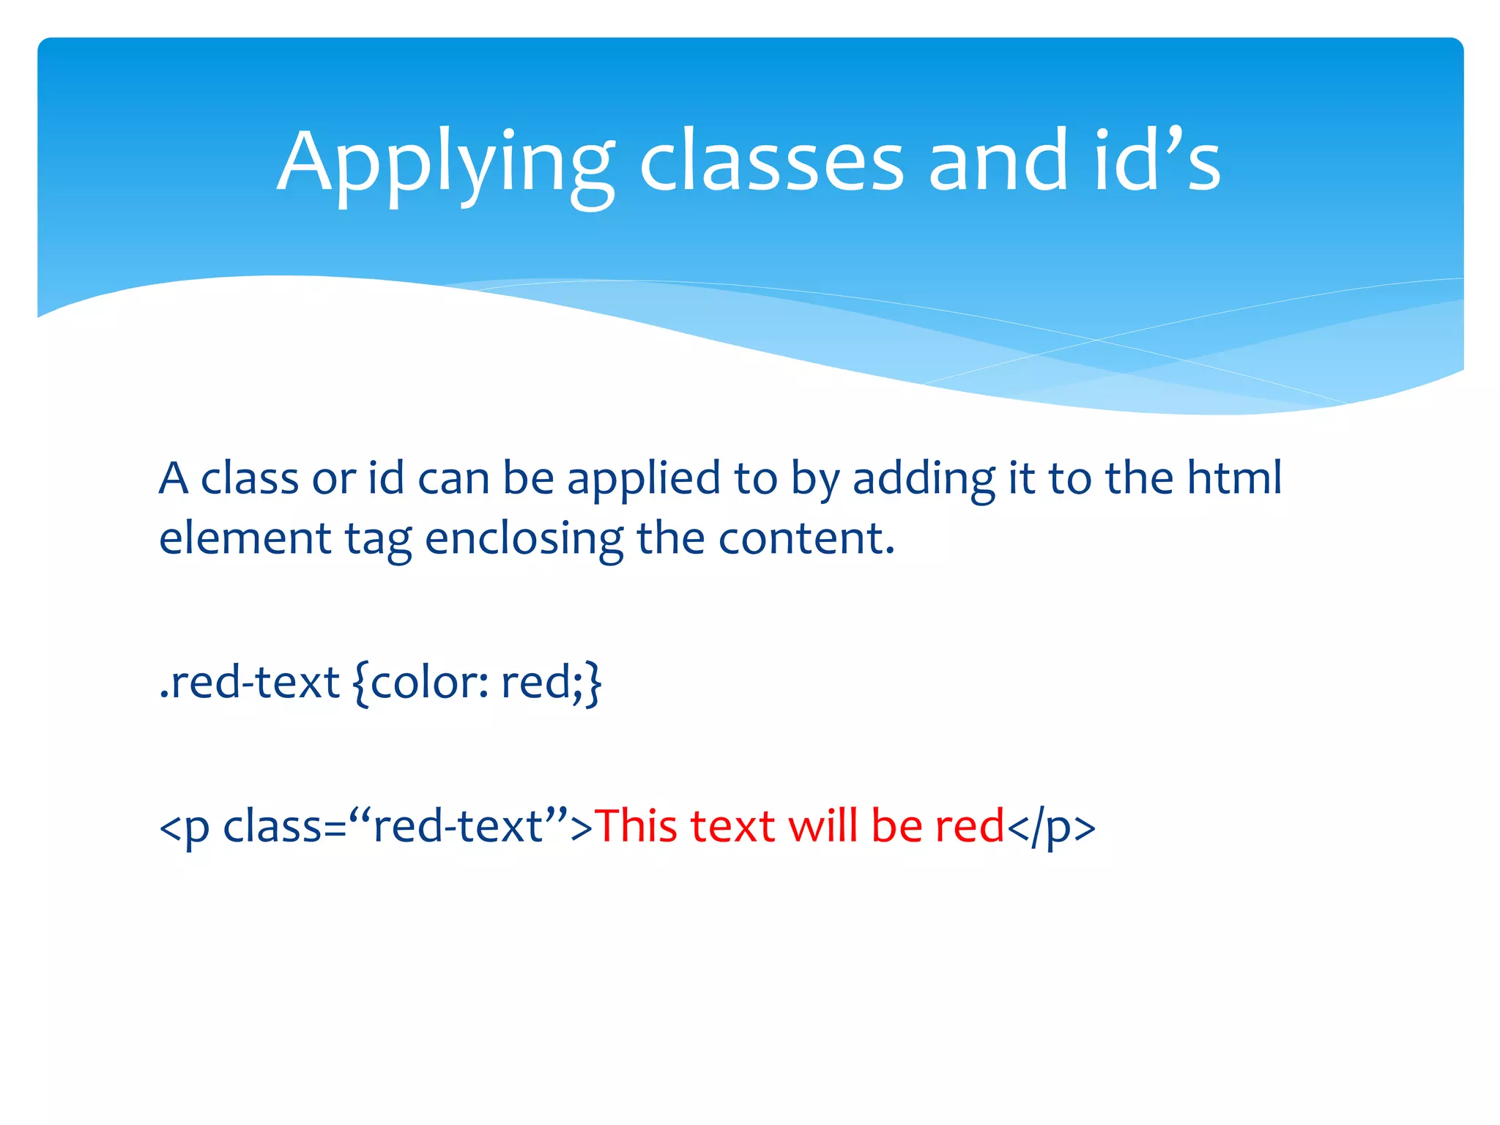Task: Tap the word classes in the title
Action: point(771,163)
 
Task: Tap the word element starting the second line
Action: point(245,538)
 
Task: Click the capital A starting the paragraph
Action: point(174,478)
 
